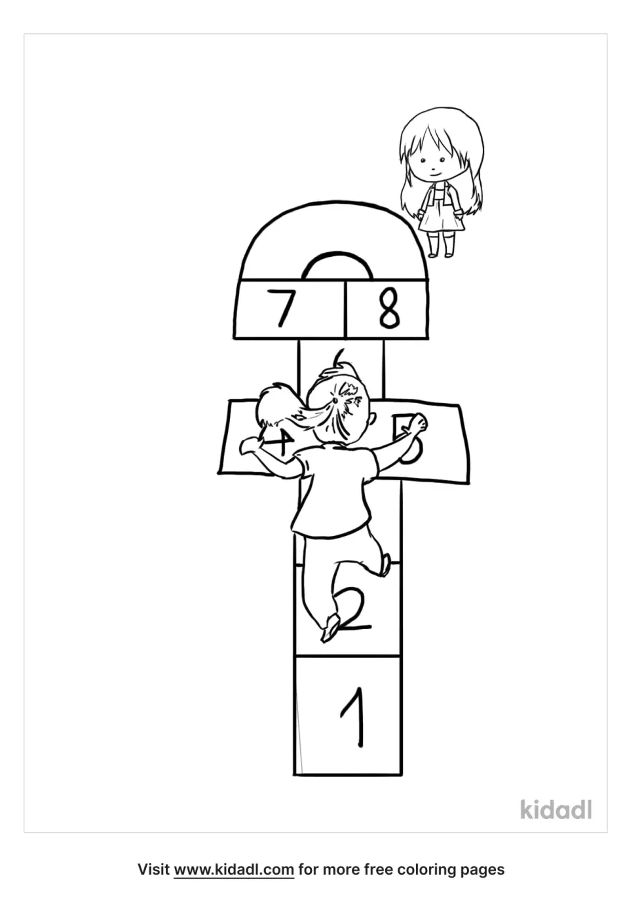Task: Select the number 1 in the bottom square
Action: [x=354, y=715]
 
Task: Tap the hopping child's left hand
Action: [x=249, y=445]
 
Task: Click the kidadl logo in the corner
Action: [x=556, y=809]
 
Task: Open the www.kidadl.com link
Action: [x=233, y=869]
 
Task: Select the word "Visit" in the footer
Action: [x=154, y=869]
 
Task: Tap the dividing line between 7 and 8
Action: [x=345, y=308]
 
